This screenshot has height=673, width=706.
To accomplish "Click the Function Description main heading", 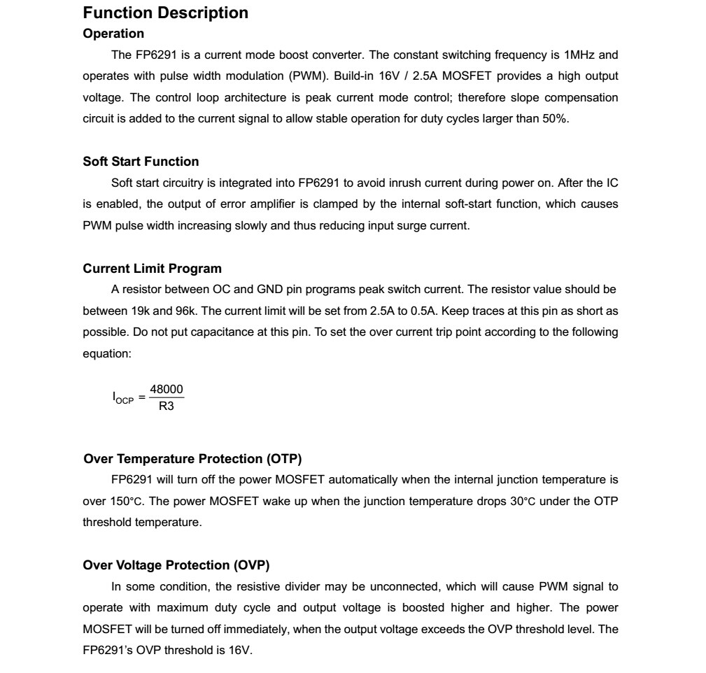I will click(165, 13).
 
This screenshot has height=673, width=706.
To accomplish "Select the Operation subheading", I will click(113, 34).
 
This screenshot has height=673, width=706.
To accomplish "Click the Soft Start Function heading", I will click(141, 162).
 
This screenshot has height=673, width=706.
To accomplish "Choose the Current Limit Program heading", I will click(152, 269).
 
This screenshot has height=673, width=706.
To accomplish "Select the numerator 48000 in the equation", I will click(167, 389).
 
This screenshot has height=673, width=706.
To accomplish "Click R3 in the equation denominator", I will click(167, 406).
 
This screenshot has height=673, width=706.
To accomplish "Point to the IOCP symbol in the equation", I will click(122, 397).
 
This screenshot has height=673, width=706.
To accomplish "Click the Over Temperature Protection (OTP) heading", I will click(192, 459).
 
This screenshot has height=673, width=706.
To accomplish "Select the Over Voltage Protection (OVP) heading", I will click(176, 565).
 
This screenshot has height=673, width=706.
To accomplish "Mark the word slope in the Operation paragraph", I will click(524, 97).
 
